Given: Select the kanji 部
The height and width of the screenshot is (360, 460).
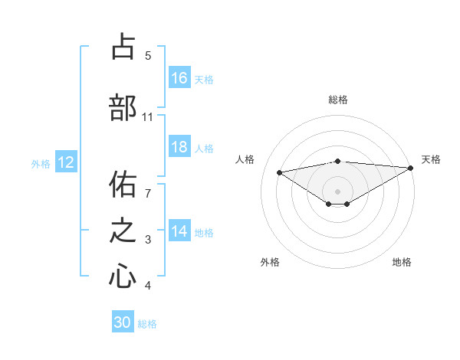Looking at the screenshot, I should pyautogui.click(x=123, y=107).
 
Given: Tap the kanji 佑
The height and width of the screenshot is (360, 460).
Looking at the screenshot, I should pyautogui.click(x=123, y=184).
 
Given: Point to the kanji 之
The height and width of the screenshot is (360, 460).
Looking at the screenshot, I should pyautogui.click(x=123, y=231).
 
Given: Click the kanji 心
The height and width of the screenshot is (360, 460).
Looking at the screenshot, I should pyautogui.click(x=123, y=276).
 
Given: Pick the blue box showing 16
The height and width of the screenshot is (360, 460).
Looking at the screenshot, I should pyautogui.click(x=179, y=78).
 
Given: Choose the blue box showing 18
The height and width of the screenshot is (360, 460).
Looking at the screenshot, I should pyautogui.click(x=179, y=148).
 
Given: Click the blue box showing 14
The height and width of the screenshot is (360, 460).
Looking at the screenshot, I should pyautogui.click(x=179, y=232).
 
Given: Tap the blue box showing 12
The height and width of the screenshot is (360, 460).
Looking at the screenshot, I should pyautogui.click(x=66, y=162).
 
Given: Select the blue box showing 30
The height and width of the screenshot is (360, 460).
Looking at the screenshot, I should pyautogui.click(x=123, y=322).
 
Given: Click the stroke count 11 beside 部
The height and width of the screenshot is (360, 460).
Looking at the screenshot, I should pyautogui.click(x=148, y=117).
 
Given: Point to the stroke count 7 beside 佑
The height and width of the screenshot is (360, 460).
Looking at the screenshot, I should pyautogui.click(x=148, y=186).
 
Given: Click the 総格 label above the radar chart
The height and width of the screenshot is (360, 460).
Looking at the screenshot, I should pyautogui.click(x=337, y=100).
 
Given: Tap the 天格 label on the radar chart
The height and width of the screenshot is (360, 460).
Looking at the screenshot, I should pyautogui.click(x=431, y=159).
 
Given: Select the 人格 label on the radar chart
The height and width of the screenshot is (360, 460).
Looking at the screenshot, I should pyautogui.click(x=245, y=159).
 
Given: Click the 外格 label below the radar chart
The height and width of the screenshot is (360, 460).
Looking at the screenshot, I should pyautogui.click(x=270, y=262).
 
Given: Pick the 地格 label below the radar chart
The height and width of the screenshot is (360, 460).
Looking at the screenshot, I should pyautogui.click(x=402, y=262).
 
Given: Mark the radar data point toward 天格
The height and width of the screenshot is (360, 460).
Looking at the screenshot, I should pyautogui.click(x=412, y=167).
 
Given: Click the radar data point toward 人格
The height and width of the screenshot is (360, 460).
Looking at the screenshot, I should pyautogui.click(x=280, y=172).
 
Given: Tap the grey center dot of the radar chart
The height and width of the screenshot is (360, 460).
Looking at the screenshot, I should pyautogui.click(x=337, y=191).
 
